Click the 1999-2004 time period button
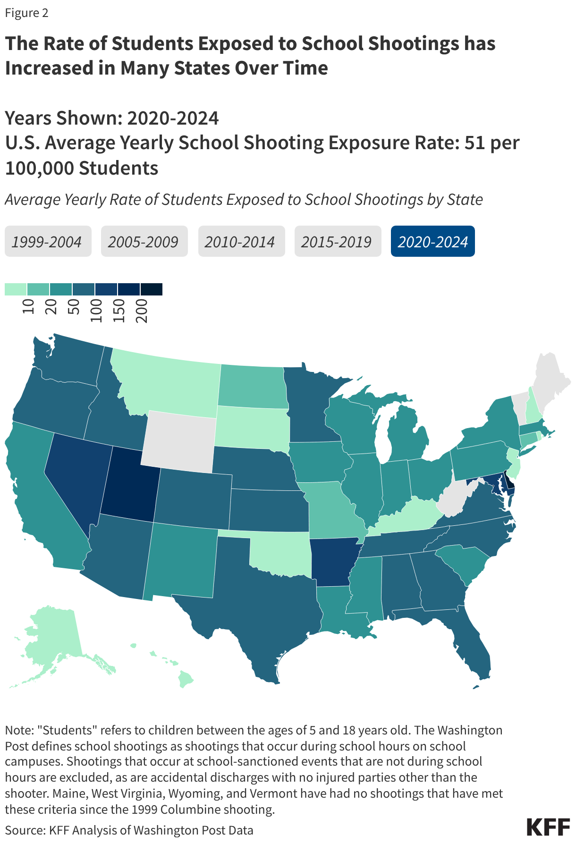[x=48, y=242]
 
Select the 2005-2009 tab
[x=144, y=242]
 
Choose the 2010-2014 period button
[x=241, y=242]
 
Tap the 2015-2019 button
[x=338, y=242]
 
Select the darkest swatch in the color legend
[x=151, y=289]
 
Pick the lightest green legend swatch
[x=16, y=289]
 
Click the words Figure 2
[x=26, y=13]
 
